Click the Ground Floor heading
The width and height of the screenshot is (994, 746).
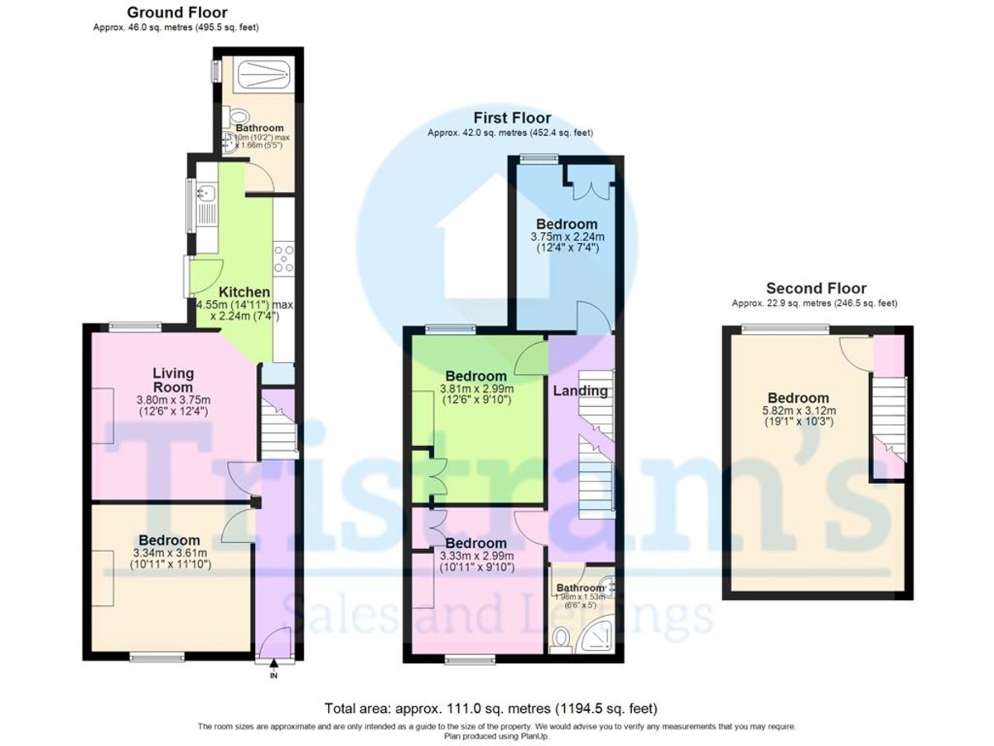(x=176, y=12)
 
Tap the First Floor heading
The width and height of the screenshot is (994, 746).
(x=512, y=118)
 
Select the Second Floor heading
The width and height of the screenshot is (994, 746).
(x=816, y=288)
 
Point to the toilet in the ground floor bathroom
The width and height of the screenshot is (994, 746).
(x=239, y=117)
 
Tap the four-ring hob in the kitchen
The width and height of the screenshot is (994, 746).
(x=284, y=257)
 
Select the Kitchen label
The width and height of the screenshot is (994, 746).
(x=244, y=293)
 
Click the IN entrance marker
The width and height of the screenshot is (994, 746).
(x=273, y=676)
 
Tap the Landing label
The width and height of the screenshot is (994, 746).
(x=580, y=391)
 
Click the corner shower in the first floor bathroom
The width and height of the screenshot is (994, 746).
(x=598, y=637)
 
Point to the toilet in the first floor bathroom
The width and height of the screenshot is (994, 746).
(x=562, y=638)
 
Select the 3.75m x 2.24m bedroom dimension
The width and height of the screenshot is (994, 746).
(x=567, y=236)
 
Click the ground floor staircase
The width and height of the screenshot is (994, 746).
(x=275, y=424)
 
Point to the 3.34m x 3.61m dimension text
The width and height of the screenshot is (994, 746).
(x=170, y=554)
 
